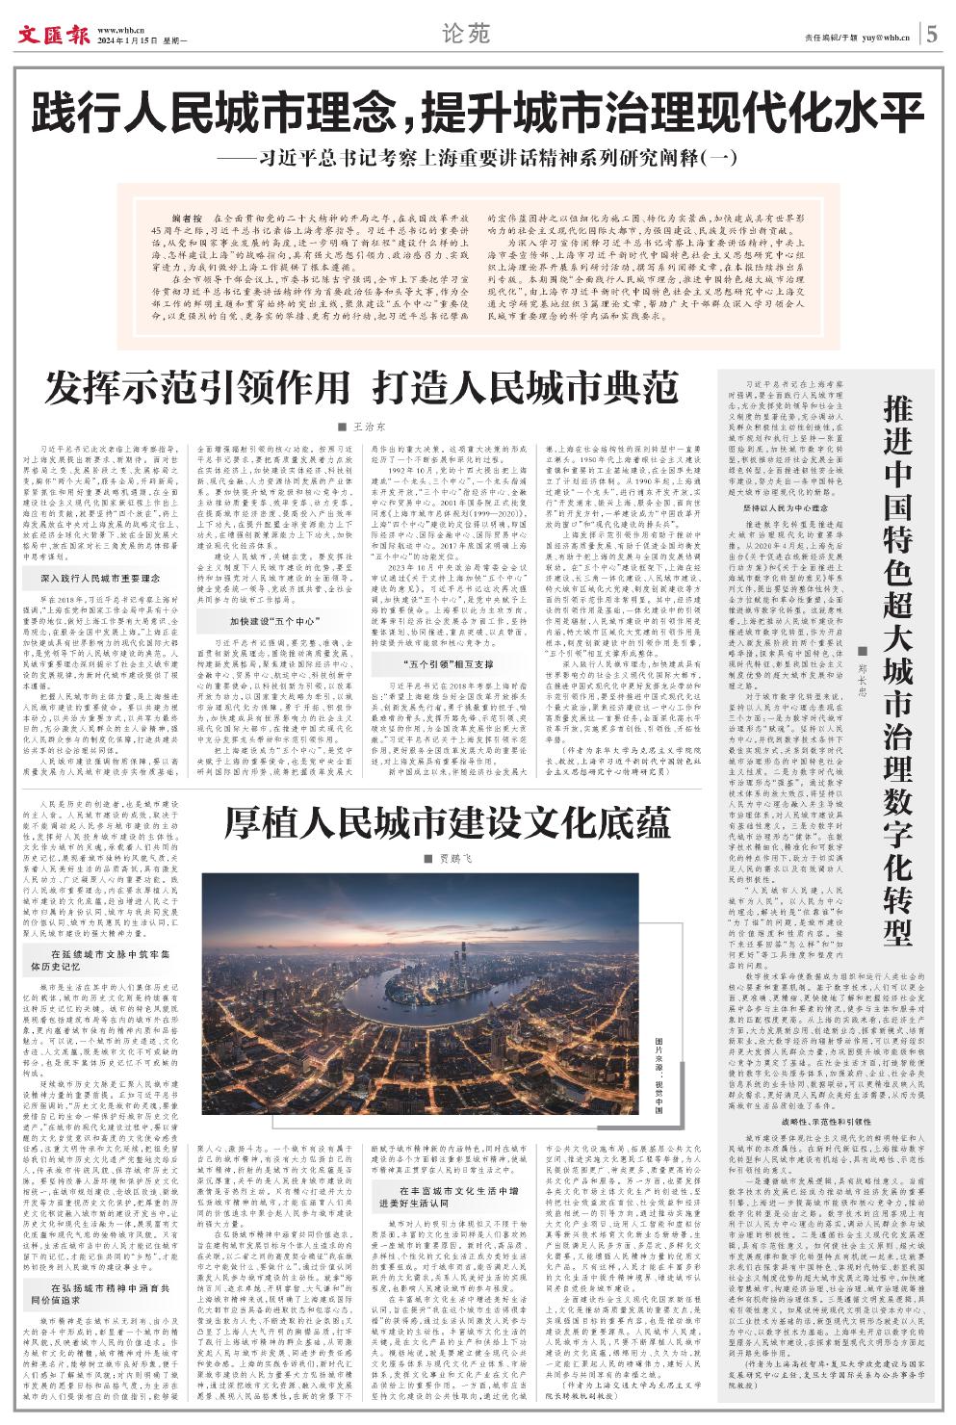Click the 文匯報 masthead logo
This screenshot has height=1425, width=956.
point(53,36)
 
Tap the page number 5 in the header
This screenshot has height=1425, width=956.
point(933,36)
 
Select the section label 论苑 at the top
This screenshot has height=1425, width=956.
point(466,35)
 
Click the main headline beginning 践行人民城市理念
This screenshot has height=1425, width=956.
point(478,114)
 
